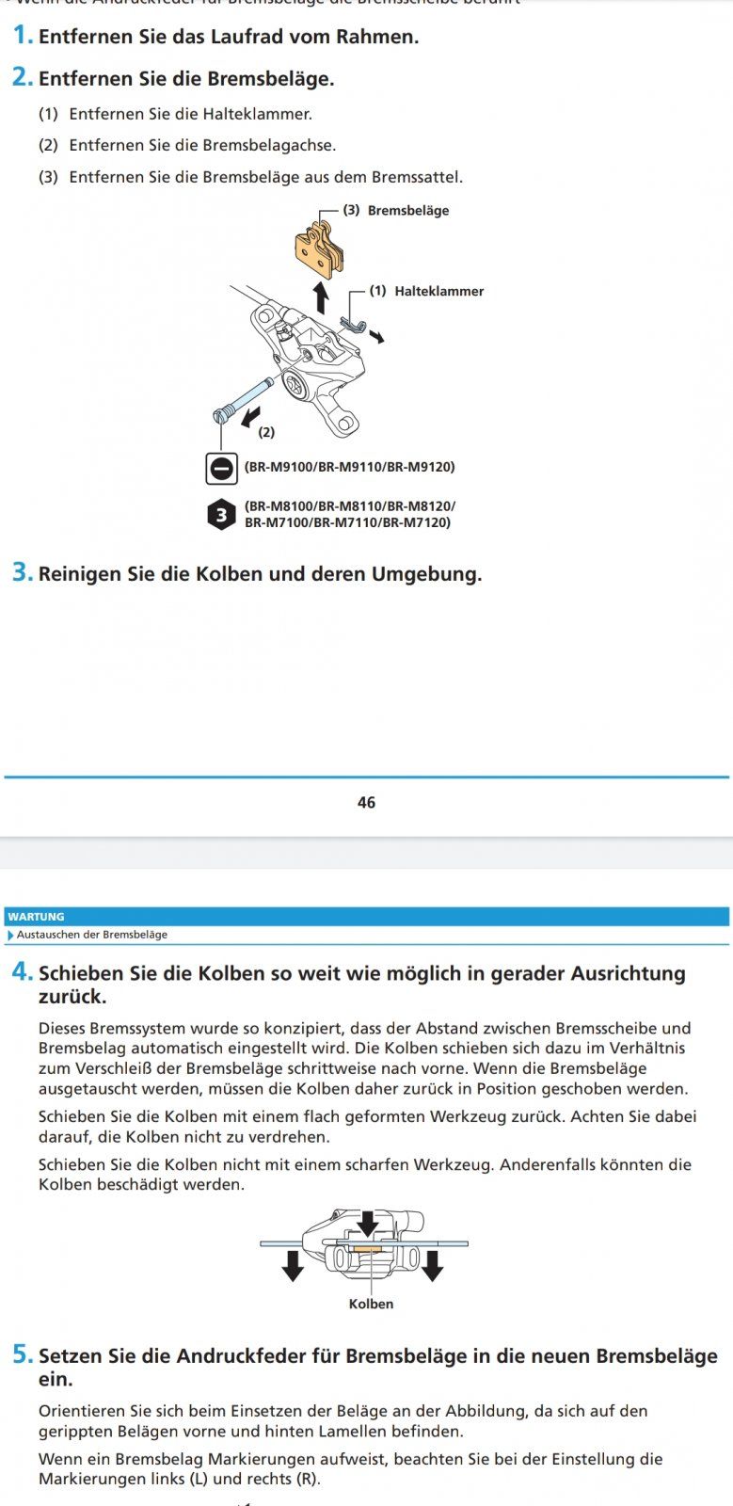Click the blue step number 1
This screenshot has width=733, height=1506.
click(23, 37)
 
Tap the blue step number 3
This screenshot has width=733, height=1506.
click(23, 572)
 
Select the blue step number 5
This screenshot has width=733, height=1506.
click(23, 1355)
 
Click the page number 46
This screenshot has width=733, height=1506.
click(366, 802)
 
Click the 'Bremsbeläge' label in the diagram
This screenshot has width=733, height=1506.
click(407, 211)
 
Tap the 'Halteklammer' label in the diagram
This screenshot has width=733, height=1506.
click(438, 292)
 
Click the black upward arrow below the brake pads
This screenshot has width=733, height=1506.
click(321, 297)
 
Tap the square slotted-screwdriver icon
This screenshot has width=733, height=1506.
click(221, 468)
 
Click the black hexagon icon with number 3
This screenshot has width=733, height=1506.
click(221, 515)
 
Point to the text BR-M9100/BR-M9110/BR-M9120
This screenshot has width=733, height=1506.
click(349, 467)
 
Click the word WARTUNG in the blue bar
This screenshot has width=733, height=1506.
click(37, 917)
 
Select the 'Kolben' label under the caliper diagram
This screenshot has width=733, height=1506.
click(371, 1304)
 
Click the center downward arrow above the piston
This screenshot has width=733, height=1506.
click(368, 1224)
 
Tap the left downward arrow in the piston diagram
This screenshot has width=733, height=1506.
click(293, 1266)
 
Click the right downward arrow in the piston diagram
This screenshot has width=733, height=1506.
click(432, 1266)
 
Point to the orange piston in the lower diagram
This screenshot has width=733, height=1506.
click(368, 1252)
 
